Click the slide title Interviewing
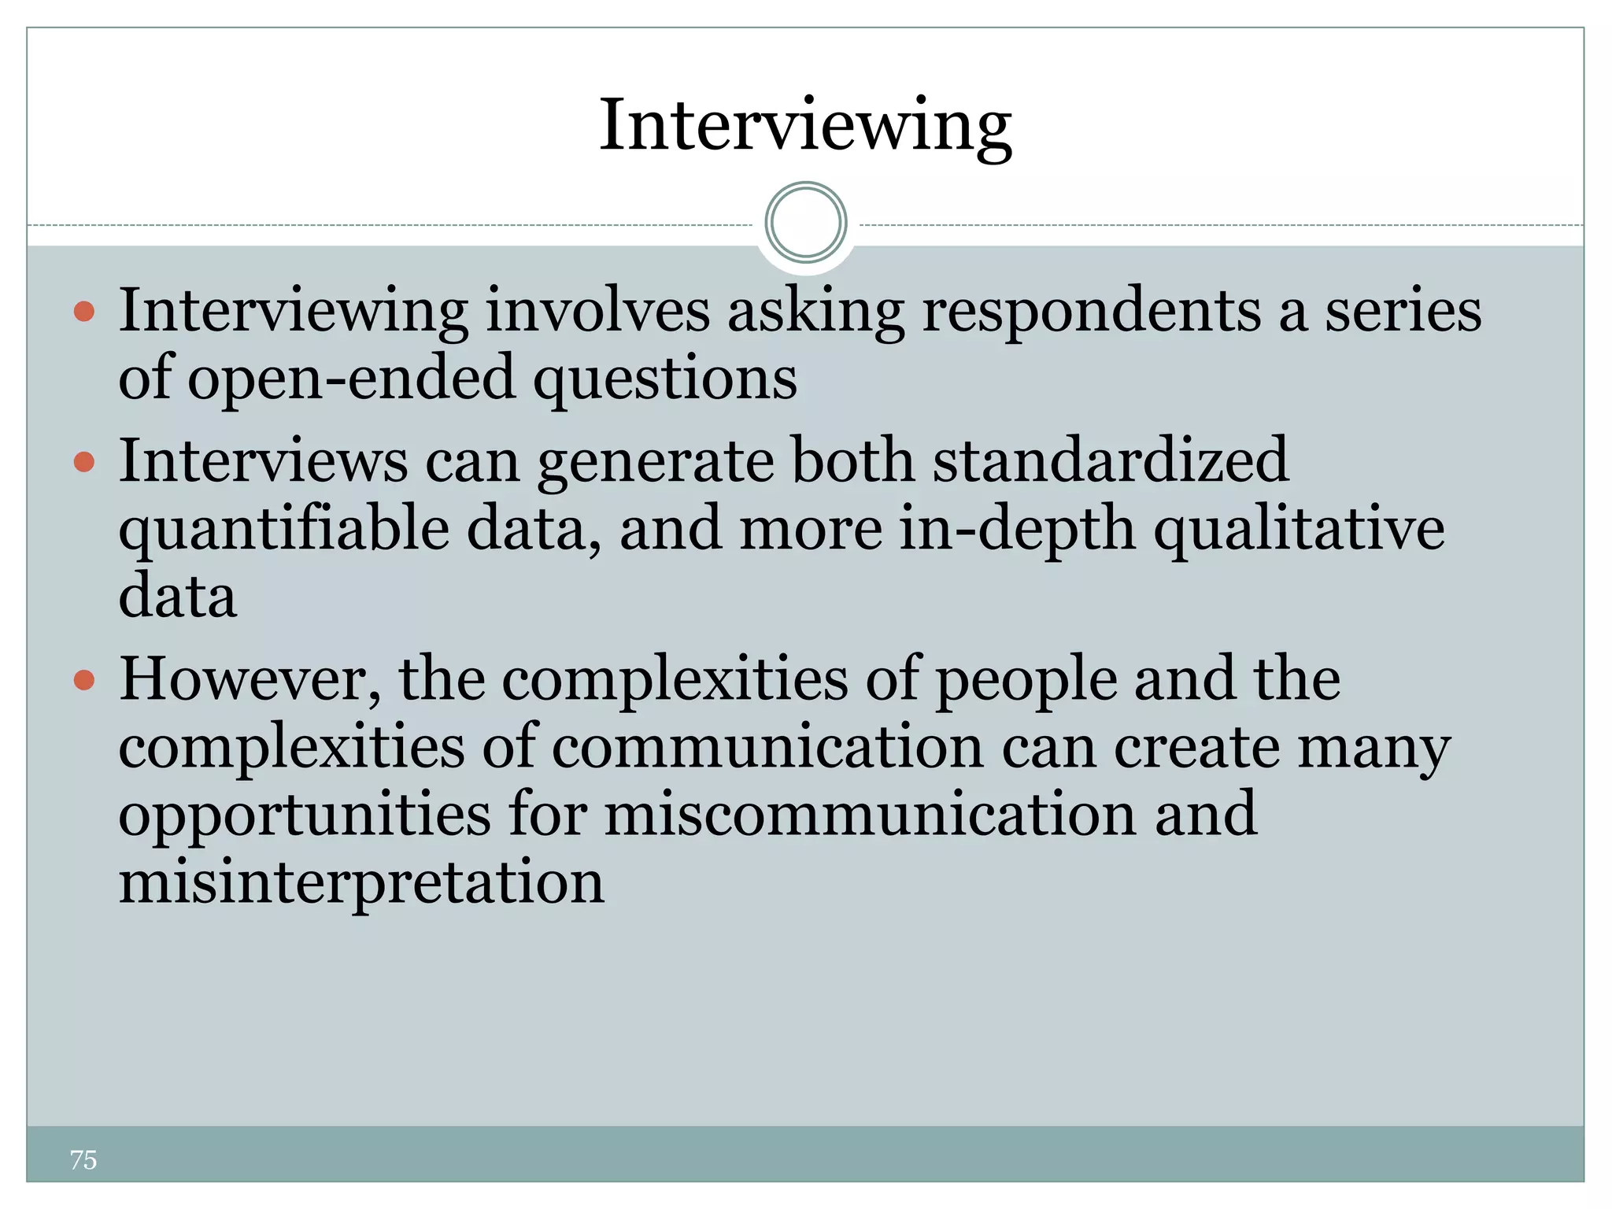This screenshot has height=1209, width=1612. tap(805, 126)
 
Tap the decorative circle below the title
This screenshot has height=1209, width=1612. tap(805, 223)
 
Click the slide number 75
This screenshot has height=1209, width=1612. tap(83, 1159)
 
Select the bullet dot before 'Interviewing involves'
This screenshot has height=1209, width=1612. tap(84, 312)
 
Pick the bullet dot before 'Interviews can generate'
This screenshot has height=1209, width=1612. tap(84, 461)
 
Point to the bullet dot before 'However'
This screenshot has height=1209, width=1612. tap(84, 679)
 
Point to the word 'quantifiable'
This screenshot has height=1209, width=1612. tap(284, 530)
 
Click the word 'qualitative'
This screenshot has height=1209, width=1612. tap(1299, 530)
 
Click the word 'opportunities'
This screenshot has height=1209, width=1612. tap(305, 815)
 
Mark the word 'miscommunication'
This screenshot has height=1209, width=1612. tap(871, 815)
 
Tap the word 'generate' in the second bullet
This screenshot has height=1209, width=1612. tap(656, 463)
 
